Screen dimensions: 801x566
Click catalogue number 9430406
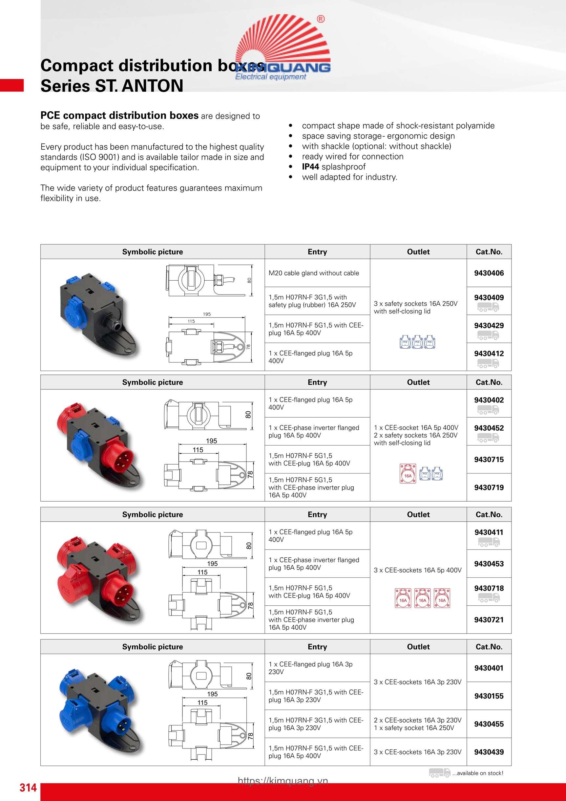pos(489,273)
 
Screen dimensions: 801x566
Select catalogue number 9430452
pos(489,428)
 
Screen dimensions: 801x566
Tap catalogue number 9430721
pos(489,619)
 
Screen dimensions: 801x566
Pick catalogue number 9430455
pos(489,724)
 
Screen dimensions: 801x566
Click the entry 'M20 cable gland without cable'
pos(313,273)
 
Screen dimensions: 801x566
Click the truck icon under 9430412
pos(488,363)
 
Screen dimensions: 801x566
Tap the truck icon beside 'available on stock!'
pos(439,772)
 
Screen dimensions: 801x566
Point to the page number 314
pos(28,788)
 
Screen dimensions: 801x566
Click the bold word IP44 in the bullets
pos(310,167)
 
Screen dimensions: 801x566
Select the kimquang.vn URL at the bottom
pos(283,780)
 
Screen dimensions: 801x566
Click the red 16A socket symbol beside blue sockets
pos(408,473)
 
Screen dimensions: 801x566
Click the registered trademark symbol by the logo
pos(321,19)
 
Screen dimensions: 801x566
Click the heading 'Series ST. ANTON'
pos(112,86)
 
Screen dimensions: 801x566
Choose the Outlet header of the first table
pos(418,252)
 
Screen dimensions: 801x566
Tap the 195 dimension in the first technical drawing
pos(207,314)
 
